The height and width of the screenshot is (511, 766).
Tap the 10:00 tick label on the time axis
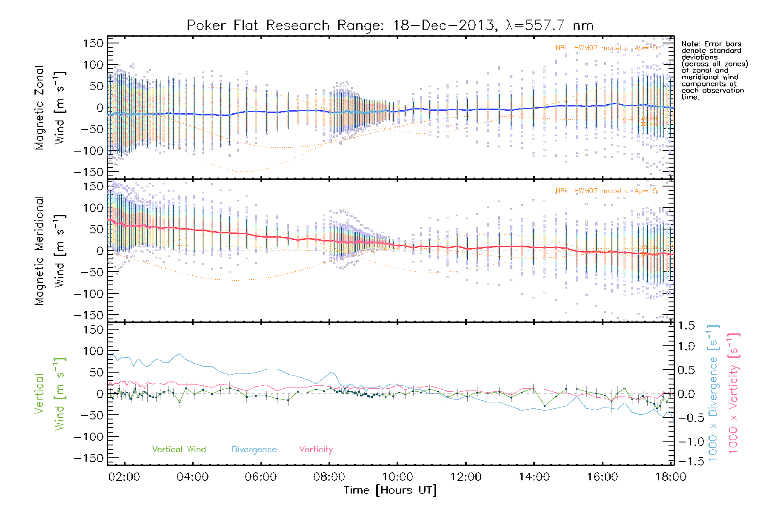[397, 477]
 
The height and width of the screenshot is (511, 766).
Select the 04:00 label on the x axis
[192, 477]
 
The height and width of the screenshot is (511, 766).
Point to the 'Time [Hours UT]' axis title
[390, 491]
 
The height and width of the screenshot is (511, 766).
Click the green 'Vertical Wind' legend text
[179, 450]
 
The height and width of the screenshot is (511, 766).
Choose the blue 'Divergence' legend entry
[254, 450]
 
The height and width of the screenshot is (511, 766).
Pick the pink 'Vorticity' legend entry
[316, 450]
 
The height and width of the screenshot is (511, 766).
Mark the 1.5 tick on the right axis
[686, 326]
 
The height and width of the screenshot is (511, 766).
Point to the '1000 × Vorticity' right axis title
[734, 393]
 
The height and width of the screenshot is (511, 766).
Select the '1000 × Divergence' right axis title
[713, 393]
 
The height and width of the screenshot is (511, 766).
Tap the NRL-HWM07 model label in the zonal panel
[606, 48]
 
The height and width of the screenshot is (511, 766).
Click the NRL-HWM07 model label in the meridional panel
[606, 191]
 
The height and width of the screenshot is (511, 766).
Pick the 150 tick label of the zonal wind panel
[93, 43]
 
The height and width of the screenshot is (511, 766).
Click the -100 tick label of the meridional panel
[89, 294]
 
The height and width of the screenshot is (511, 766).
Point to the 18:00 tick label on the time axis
[671, 477]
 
